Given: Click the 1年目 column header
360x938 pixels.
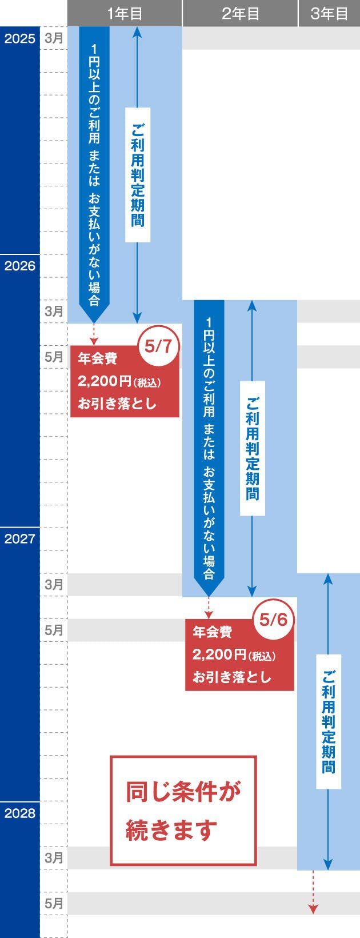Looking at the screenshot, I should click(125, 13).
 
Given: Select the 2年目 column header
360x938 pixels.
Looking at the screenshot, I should click(240, 13).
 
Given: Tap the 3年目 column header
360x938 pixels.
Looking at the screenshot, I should click(329, 13).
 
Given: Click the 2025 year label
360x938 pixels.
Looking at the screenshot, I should click(19, 39).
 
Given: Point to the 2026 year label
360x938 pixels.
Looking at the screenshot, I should click(19, 266).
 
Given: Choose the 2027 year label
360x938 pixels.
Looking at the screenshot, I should click(19, 538).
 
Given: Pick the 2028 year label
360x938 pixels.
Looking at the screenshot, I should click(19, 813).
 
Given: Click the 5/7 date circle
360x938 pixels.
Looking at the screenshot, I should click(158, 346).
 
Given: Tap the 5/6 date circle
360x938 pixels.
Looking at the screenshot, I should click(273, 620).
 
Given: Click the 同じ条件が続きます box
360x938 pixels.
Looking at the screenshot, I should click(183, 810).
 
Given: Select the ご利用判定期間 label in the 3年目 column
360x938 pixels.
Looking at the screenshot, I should click(329, 721).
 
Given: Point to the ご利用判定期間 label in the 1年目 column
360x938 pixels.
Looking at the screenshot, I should click(138, 174).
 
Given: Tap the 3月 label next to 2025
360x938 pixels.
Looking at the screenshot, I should click(54, 39).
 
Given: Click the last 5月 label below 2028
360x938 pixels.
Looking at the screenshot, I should click(54, 903).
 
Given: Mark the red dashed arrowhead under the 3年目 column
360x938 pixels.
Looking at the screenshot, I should click(313, 909).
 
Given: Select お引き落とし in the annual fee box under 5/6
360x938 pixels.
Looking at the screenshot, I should click(231, 677).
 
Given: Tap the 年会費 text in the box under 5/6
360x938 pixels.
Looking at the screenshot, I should click(212, 632).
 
